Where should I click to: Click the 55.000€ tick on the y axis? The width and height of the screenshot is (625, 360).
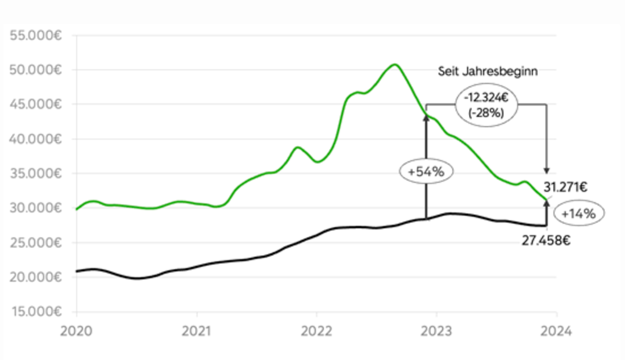point(36,35)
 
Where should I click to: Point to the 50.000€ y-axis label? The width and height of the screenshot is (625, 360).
point(36,70)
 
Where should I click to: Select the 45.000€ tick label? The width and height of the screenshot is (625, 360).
point(36,104)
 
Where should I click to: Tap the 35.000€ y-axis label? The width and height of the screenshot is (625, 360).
point(36,174)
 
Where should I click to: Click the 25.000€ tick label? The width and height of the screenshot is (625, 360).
point(36,243)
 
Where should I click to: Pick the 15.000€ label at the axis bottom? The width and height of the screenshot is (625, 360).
point(36,312)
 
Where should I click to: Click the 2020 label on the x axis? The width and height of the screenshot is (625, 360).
point(76,331)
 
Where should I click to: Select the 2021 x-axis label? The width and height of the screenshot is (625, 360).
point(197,331)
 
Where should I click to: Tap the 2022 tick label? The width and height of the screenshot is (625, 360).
point(316,331)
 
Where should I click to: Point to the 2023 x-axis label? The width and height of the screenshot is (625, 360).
point(436,331)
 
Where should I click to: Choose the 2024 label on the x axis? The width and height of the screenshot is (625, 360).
point(556,331)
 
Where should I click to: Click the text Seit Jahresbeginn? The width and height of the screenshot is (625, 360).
point(488,72)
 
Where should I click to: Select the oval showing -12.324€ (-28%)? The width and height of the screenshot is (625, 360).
point(486,105)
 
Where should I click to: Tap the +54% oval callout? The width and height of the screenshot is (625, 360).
point(426,171)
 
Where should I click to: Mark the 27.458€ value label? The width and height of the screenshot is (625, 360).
point(546,240)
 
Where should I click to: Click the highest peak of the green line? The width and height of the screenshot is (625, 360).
point(395,64)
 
